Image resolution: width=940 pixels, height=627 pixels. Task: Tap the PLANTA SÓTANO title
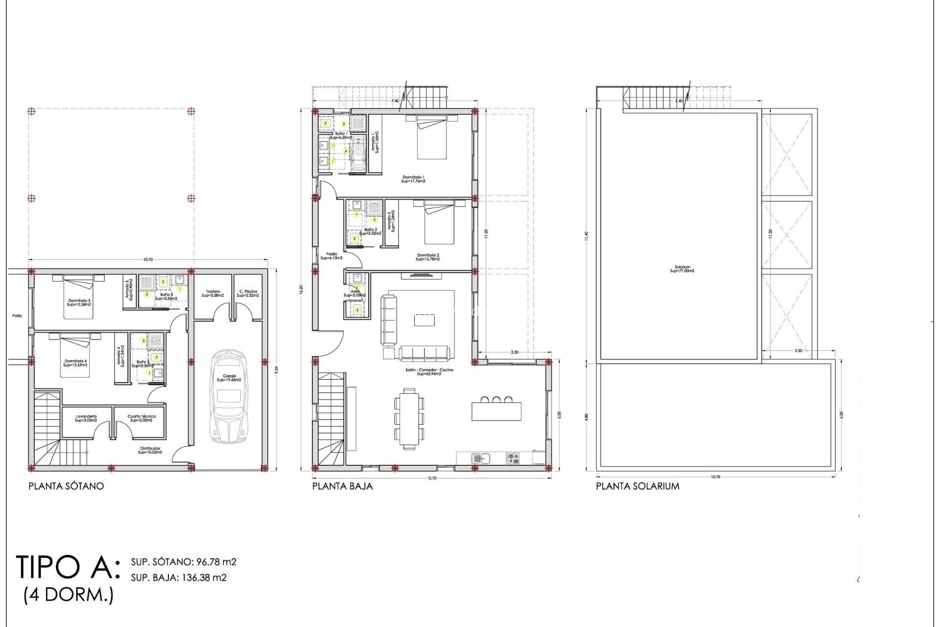click(66, 486)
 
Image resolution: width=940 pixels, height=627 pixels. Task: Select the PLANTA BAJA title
click(342, 486)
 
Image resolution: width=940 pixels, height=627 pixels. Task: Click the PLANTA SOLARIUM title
click(637, 486)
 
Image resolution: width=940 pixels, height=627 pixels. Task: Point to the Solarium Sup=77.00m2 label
click(682, 269)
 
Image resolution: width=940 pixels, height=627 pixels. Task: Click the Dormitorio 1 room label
click(413, 179)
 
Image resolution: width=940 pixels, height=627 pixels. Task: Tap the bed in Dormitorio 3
click(78, 297)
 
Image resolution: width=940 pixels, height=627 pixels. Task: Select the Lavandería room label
click(86, 418)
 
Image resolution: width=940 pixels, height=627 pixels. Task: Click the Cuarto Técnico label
click(141, 418)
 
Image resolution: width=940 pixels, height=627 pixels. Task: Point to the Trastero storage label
click(212, 293)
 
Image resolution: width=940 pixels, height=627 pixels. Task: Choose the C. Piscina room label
click(248, 293)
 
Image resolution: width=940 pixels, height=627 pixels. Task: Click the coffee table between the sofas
click(424, 320)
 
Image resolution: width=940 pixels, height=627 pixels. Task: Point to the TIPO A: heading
click(68, 567)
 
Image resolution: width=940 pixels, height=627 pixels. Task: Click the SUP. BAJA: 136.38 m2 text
click(179, 578)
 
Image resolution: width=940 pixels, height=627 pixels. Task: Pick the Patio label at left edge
click(17, 316)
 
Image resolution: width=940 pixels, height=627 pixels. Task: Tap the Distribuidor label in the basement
click(150, 450)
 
